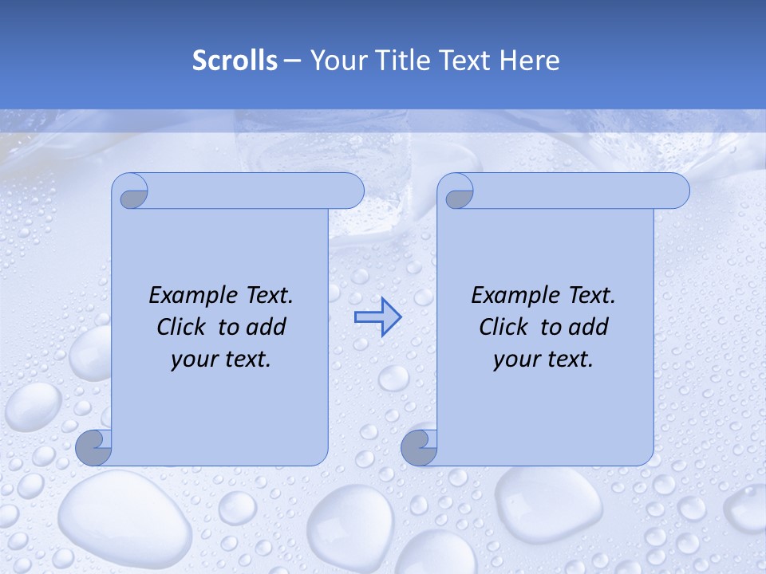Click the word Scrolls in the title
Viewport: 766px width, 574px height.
[235, 61]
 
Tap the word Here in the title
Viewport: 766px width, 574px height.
[530, 61]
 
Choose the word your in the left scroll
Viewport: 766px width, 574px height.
[192, 360]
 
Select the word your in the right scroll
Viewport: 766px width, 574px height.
[515, 360]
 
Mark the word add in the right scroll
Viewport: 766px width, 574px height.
[588, 327]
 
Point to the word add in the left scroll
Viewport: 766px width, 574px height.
[266, 327]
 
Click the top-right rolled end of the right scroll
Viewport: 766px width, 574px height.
[673, 191]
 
